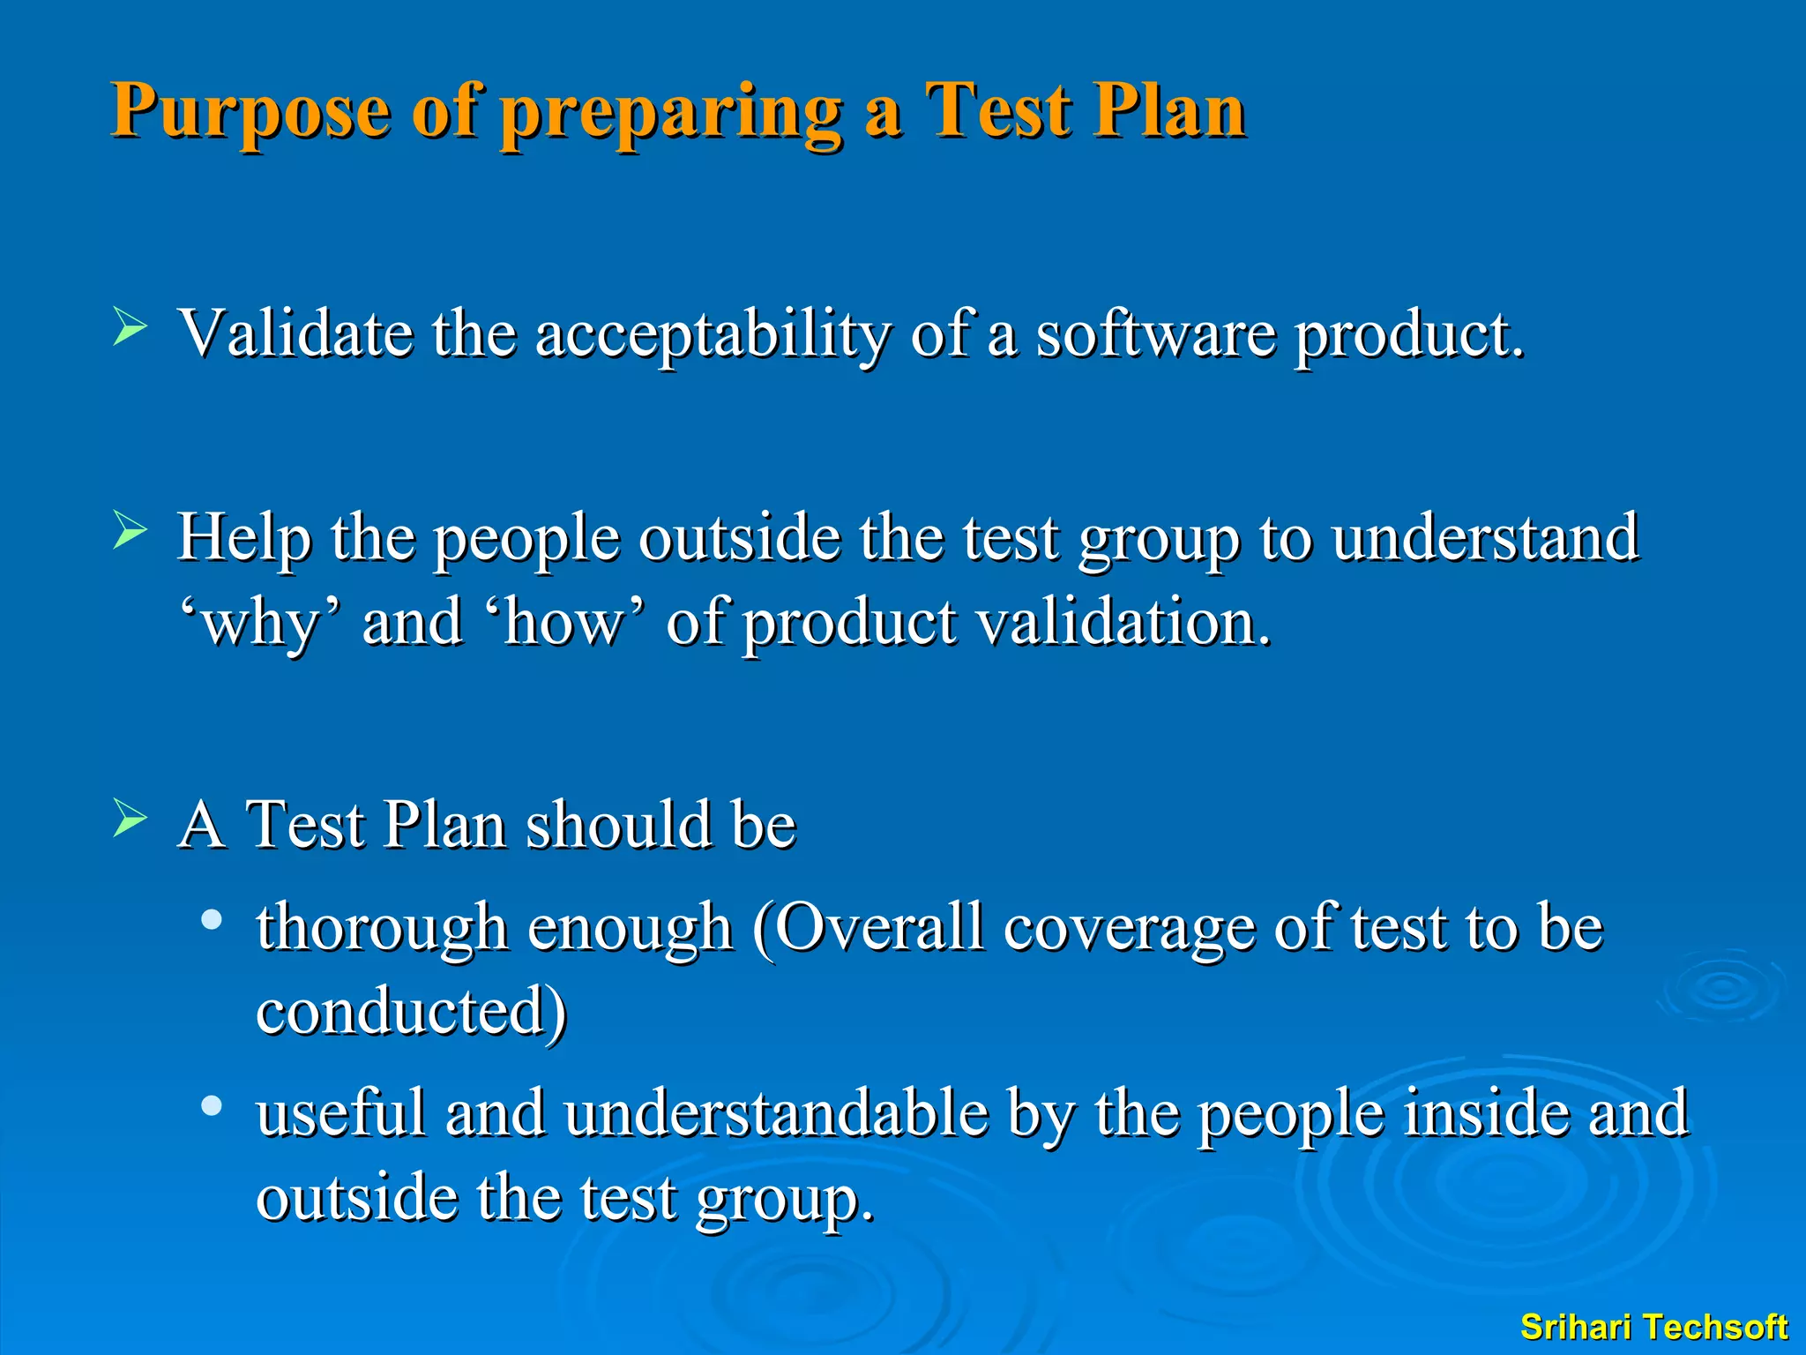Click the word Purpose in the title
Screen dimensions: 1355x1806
[250, 112]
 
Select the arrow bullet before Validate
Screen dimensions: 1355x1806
[130, 327]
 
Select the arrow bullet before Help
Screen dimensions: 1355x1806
[130, 531]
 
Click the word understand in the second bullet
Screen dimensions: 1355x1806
[1484, 537]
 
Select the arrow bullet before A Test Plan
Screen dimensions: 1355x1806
[130, 819]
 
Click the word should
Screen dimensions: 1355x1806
[617, 825]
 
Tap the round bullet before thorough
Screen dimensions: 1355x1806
[211, 921]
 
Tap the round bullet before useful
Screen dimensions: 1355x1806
[211, 1106]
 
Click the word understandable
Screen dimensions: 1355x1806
[776, 1113]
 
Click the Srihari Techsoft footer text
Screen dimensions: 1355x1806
[1653, 1327]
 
